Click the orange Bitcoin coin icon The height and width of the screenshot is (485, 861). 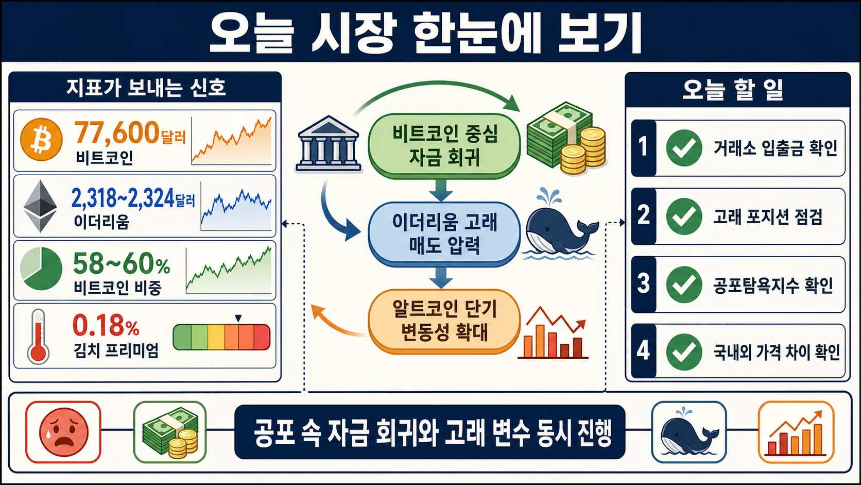click(x=41, y=140)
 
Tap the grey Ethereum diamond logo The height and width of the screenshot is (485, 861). click(x=40, y=206)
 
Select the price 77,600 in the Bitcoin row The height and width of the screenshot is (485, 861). click(x=117, y=132)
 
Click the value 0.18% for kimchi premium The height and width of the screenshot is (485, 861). click(x=106, y=326)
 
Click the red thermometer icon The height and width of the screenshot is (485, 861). click(x=38, y=337)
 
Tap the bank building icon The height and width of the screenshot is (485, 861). click(x=328, y=144)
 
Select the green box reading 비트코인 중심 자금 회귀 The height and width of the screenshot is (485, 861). click(x=444, y=146)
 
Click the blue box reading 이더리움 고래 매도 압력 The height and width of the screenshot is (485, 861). click(x=444, y=234)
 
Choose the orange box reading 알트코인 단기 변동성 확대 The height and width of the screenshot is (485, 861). click(x=444, y=321)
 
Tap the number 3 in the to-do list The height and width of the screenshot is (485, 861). click(x=644, y=284)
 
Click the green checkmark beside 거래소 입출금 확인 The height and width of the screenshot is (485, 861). click(x=684, y=148)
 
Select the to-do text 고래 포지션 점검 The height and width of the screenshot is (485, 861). click(x=768, y=217)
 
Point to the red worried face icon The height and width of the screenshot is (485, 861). click(x=63, y=432)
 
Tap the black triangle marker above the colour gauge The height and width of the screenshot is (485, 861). click(x=238, y=319)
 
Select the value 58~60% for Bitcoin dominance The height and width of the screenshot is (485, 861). click(x=122, y=264)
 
